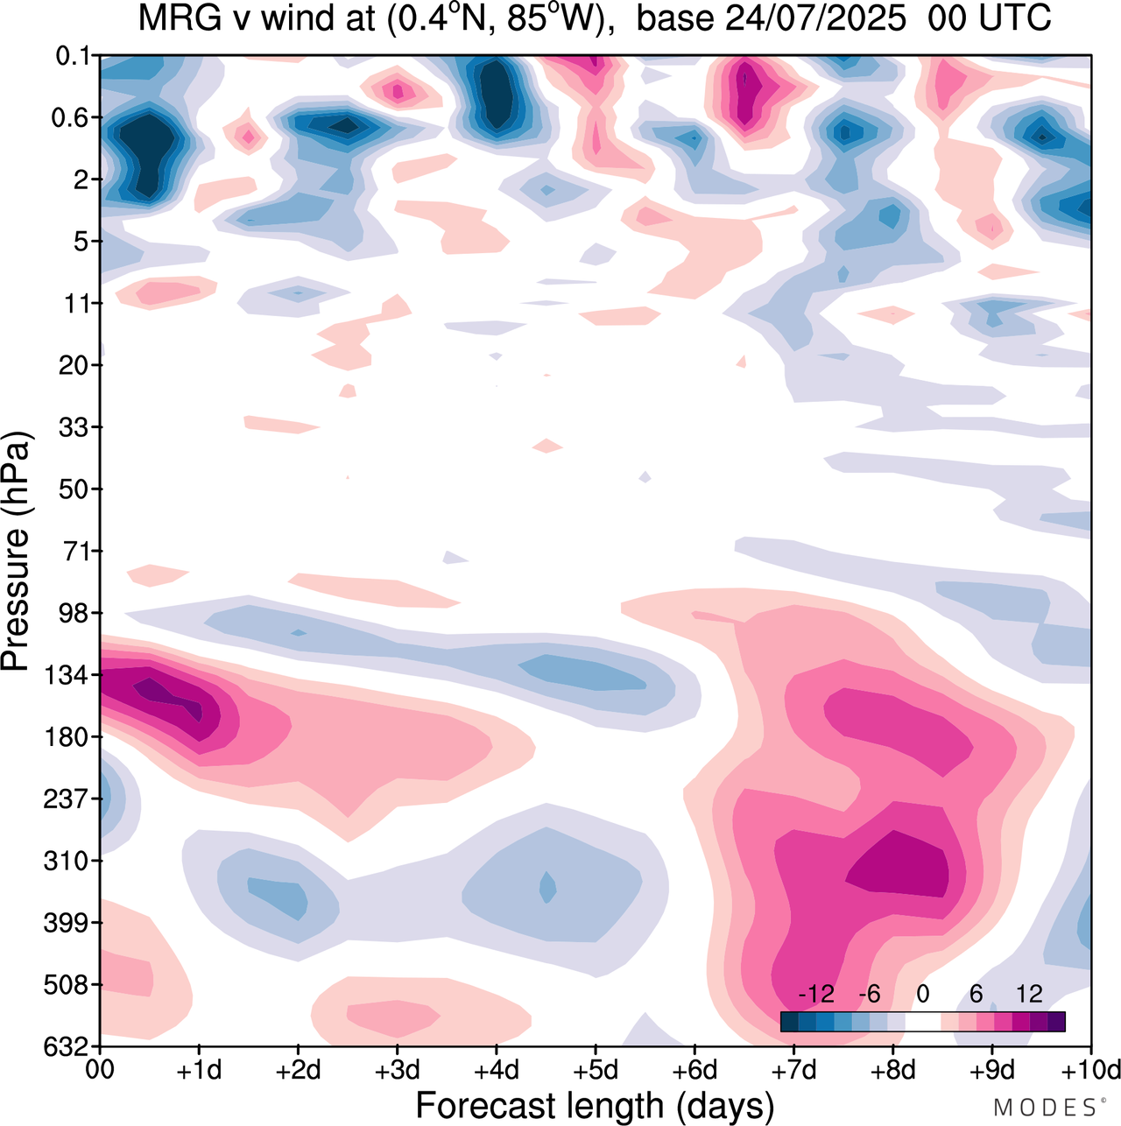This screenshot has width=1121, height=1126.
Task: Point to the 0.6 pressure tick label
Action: (73, 117)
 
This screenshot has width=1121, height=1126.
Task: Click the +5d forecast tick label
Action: (596, 1071)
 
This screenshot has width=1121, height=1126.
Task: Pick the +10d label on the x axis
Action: (1091, 1071)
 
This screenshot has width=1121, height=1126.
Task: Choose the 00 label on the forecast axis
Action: (101, 1071)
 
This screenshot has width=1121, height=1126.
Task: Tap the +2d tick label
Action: (299, 1071)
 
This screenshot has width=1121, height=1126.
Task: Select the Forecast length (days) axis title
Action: (595, 1105)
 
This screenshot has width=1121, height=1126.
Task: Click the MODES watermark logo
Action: (1046, 1108)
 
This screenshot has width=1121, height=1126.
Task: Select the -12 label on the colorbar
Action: (815, 994)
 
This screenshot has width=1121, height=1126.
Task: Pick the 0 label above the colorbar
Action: (922, 994)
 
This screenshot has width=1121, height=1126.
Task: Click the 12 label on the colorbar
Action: (1029, 994)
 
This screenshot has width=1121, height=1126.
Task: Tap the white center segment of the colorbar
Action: (922, 1022)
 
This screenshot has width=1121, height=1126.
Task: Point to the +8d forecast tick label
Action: (893, 1071)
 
